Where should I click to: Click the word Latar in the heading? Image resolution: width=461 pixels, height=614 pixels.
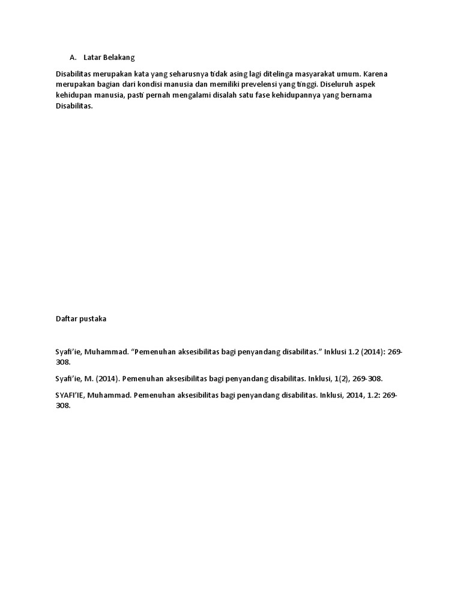point(92,58)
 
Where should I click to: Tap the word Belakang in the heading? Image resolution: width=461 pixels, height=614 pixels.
point(119,58)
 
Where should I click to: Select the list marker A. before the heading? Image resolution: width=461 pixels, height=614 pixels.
point(73,58)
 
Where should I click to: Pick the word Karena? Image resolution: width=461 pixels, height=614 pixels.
point(376,74)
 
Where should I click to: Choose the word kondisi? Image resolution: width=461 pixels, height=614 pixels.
point(158,85)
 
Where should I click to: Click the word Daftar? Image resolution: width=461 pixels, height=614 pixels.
point(66,319)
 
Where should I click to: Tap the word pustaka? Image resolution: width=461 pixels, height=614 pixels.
point(93,319)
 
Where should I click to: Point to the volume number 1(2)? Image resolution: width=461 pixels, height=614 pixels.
point(339,379)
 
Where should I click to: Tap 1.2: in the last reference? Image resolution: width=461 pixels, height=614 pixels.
point(371,395)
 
